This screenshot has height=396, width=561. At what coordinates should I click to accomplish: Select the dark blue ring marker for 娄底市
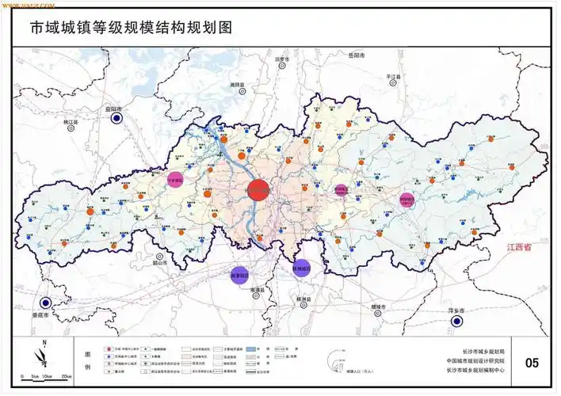coord(46,303)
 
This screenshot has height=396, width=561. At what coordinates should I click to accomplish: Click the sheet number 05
coord(531,363)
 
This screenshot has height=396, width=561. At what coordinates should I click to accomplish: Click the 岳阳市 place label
coord(355,55)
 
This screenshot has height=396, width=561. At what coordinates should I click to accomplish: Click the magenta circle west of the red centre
coord(175,180)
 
